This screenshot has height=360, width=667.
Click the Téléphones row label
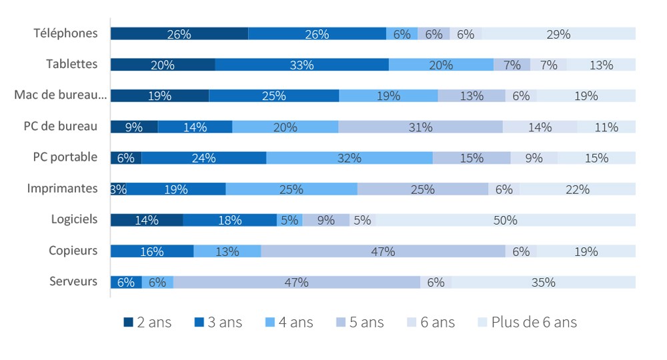click(x=65, y=33)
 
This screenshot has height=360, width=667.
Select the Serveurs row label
click(x=73, y=281)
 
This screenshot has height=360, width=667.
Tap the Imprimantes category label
click(x=62, y=189)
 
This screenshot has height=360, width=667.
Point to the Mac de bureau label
click(x=60, y=95)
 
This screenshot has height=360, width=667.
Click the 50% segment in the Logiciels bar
click(x=505, y=220)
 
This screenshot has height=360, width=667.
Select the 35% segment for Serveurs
click(x=543, y=282)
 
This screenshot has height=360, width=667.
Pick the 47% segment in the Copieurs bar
click(x=383, y=251)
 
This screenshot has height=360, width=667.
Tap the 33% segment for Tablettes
click(x=301, y=65)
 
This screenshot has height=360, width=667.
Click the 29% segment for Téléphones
click(x=558, y=34)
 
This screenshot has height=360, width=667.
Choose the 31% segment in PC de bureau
click(x=420, y=127)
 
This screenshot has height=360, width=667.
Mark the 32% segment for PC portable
click(x=349, y=158)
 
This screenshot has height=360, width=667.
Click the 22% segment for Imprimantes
click(x=577, y=189)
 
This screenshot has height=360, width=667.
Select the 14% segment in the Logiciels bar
click(x=146, y=220)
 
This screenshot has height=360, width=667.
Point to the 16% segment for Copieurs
click(x=151, y=251)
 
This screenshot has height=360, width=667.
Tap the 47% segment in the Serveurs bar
click(x=296, y=282)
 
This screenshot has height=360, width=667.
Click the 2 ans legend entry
click(x=147, y=323)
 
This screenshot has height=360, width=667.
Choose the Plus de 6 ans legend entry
click(x=528, y=323)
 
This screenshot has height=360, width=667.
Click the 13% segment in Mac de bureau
click(x=471, y=96)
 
